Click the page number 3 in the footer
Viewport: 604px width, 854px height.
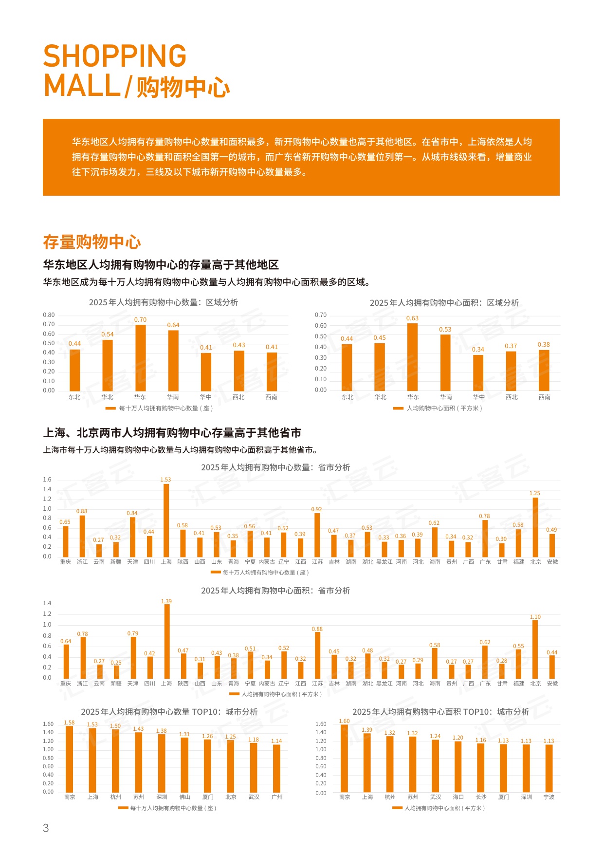tap(46, 828)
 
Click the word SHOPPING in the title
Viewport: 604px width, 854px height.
tap(115, 56)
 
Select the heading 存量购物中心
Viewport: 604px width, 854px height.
tap(92, 242)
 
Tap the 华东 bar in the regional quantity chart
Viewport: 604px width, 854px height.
tap(140, 358)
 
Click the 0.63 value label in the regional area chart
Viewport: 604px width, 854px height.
tap(412, 318)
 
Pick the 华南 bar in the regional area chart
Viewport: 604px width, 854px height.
tap(445, 363)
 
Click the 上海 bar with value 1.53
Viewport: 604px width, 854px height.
tap(166, 520)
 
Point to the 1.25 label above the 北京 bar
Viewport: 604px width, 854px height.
tap(535, 493)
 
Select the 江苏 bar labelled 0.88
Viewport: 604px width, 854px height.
tap(318, 655)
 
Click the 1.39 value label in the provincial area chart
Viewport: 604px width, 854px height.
tap(166, 601)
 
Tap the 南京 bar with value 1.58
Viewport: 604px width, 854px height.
tap(70, 759)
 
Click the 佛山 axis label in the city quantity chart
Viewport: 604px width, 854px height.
tap(185, 797)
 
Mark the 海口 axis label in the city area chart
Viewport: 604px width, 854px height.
tap(458, 797)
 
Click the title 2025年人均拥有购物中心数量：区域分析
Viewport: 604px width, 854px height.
tap(164, 302)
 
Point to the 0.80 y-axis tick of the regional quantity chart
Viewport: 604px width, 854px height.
tap(49, 315)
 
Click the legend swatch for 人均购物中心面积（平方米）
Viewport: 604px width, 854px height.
tap(398, 408)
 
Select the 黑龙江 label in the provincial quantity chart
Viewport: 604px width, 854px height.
tap(384, 562)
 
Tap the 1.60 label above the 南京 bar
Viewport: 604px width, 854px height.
tap(344, 721)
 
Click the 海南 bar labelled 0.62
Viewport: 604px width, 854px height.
tap(435, 542)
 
